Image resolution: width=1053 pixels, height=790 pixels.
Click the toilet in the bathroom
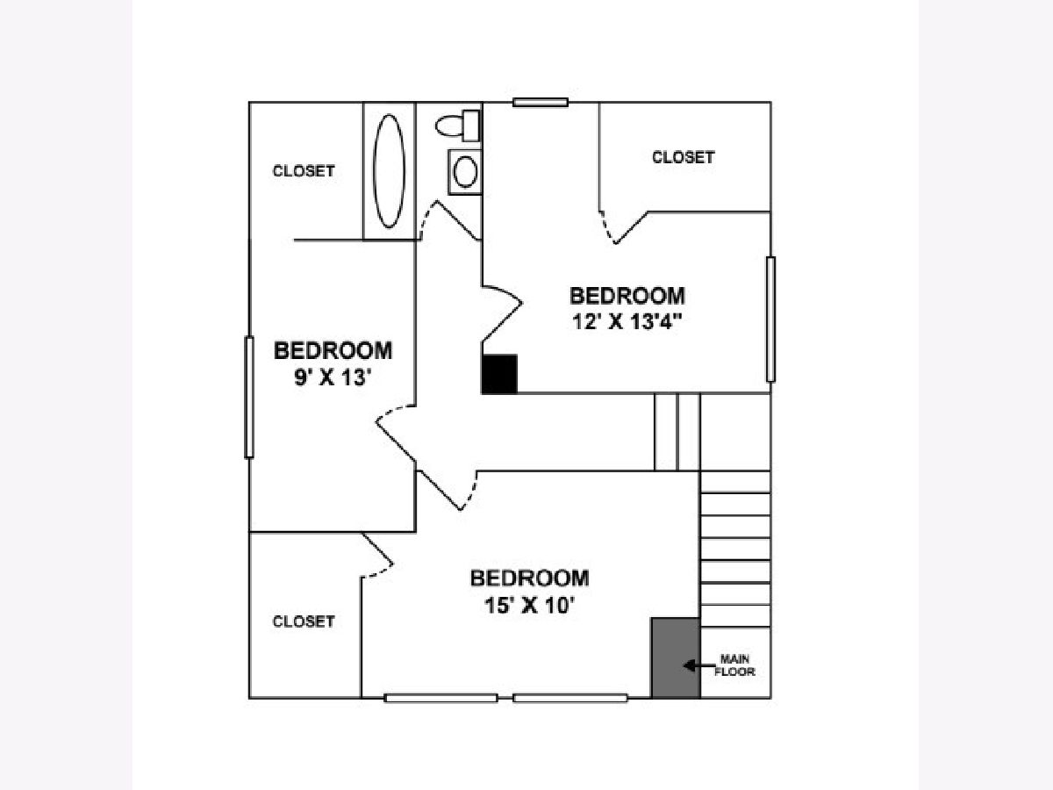(458, 126)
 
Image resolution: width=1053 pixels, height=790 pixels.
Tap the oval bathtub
(389, 171)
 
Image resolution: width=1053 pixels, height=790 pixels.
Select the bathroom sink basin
(465, 172)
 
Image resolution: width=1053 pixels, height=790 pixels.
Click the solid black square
(499, 374)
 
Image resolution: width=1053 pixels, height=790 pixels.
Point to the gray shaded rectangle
(676, 657)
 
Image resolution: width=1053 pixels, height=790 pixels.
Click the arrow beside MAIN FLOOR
(698, 665)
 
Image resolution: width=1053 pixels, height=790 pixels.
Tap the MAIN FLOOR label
(735, 665)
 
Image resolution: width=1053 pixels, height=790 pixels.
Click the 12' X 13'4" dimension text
(627, 322)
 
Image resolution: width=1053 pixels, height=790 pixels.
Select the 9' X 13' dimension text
(333, 377)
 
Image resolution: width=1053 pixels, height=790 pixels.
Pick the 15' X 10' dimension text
(530, 606)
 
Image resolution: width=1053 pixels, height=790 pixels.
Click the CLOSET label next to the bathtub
(304, 171)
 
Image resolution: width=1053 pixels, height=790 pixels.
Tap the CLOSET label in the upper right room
(683, 157)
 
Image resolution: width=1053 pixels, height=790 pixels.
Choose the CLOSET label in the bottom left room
(304, 621)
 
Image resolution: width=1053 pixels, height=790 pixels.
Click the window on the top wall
(541, 102)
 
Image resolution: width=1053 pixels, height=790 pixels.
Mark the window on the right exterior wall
(771, 320)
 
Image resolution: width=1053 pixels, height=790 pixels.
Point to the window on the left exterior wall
(249, 397)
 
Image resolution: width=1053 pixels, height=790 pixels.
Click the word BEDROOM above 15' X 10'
(530, 578)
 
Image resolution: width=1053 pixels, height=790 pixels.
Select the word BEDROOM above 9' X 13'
(333, 350)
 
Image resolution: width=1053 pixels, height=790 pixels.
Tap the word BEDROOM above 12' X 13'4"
(627, 296)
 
